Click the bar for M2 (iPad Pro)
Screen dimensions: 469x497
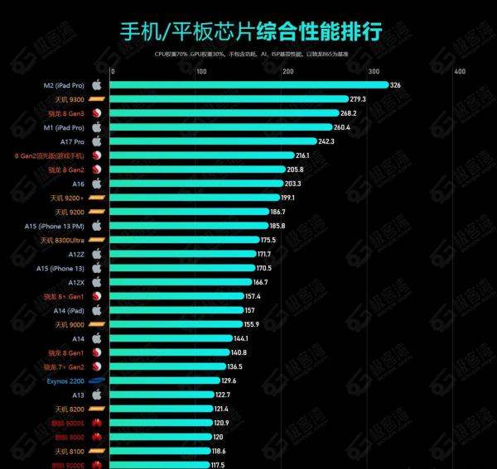pyautogui.click(x=248, y=84)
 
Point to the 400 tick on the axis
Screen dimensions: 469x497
pyautogui.click(x=459, y=71)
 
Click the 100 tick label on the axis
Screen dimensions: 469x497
pyautogui.click(x=200, y=71)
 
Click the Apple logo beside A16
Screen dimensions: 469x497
pyautogui.click(x=96, y=183)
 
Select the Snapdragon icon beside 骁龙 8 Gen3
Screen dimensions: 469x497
pyautogui.click(x=96, y=112)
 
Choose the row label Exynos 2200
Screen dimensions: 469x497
pyautogui.click(x=65, y=380)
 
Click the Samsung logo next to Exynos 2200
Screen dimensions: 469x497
pyautogui.click(x=96, y=380)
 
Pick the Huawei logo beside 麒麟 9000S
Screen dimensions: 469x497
pyautogui.click(x=96, y=423)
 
